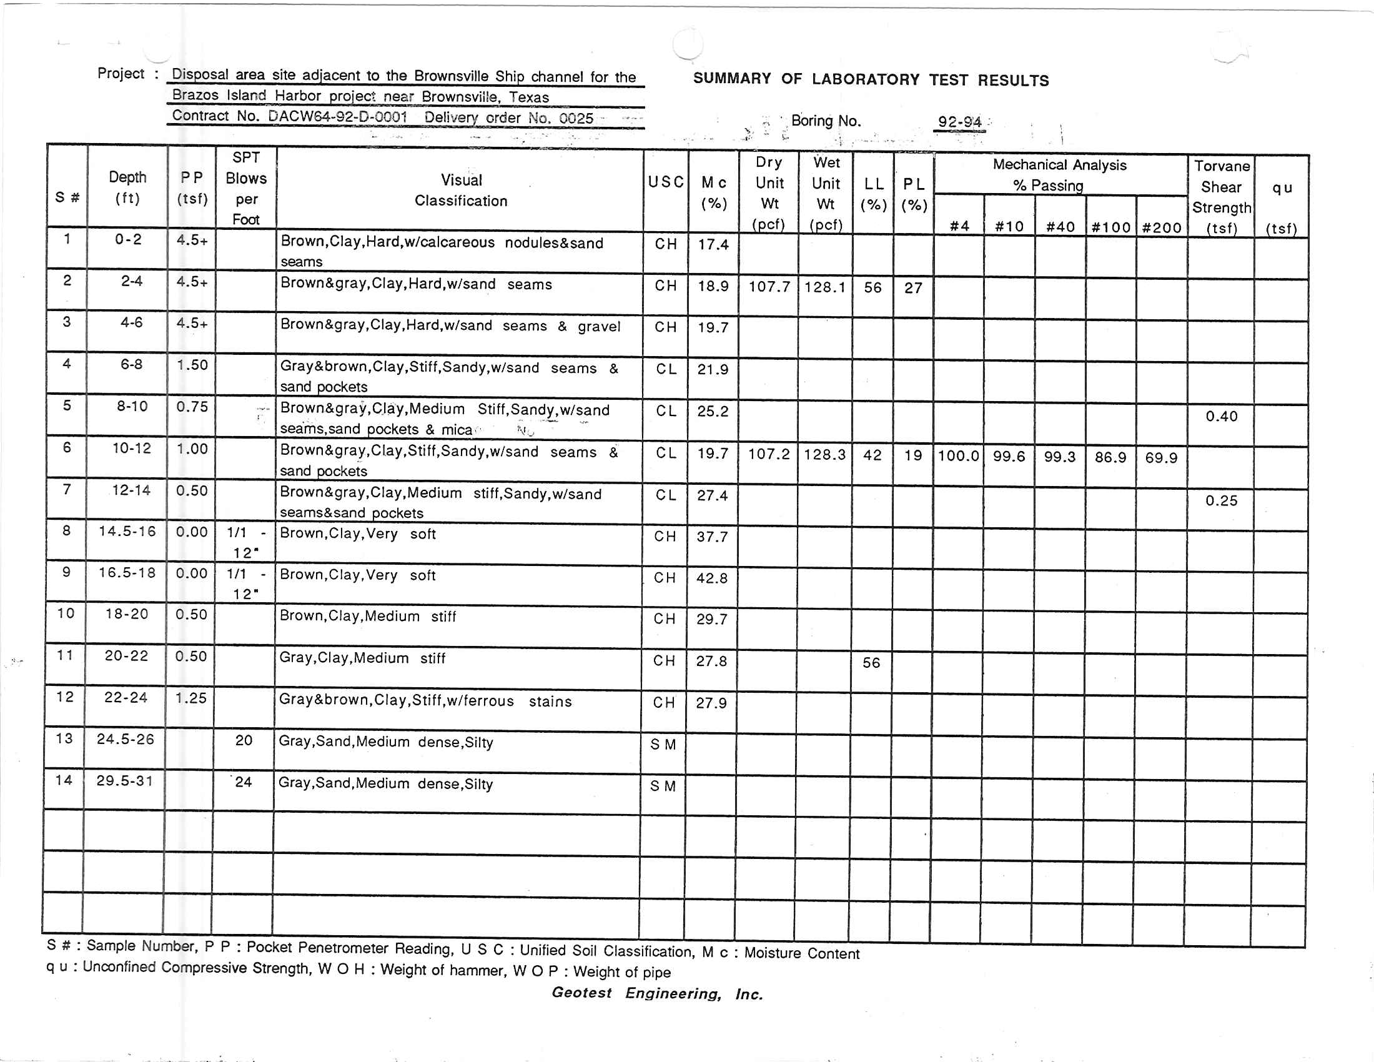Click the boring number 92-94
point(959,121)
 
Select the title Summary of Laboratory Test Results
point(871,80)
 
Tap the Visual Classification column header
point(461,190)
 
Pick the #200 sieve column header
point(1162,227)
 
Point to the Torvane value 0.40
point(1221,417)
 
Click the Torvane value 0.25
point(1221,501)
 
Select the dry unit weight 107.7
point(769,287)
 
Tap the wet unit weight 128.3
point(824,454)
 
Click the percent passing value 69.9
point(1161,457)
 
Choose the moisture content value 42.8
point(711,578)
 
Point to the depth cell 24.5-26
point(125,739)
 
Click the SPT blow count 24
point(243,782)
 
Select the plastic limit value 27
point(913,288)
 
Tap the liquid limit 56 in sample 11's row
point(871,662)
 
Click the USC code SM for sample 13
point(663,745)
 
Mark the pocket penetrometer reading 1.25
point(190,698)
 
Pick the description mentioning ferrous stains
point(425,701)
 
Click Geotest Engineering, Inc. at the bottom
point(657,993)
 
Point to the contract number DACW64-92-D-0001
point(337,117)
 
